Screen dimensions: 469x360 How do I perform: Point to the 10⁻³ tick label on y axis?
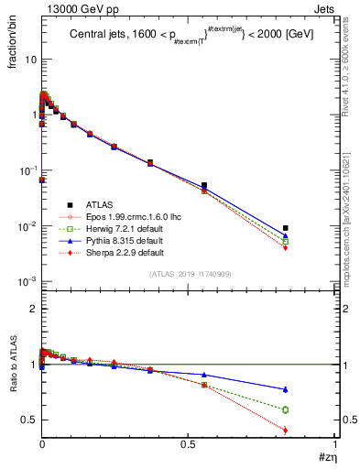pyautogui.click(x=26, y=282)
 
